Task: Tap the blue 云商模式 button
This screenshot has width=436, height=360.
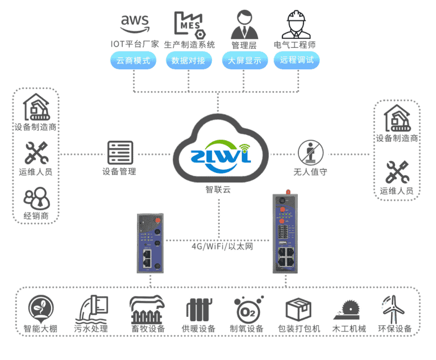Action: [x=134, y=60]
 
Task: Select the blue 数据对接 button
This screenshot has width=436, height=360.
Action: [x=189, y=60]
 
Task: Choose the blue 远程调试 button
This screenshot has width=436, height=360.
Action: [x=297, y=60]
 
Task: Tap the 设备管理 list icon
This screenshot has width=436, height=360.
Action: [x=120, y=153]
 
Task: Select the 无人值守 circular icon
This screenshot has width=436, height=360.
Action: [x=310, y=152]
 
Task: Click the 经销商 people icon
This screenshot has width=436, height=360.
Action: [x=36, y=199]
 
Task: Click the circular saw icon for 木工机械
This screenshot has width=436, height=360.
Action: [x=346, y=310]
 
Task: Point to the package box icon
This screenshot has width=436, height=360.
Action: [x=298, y=310]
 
